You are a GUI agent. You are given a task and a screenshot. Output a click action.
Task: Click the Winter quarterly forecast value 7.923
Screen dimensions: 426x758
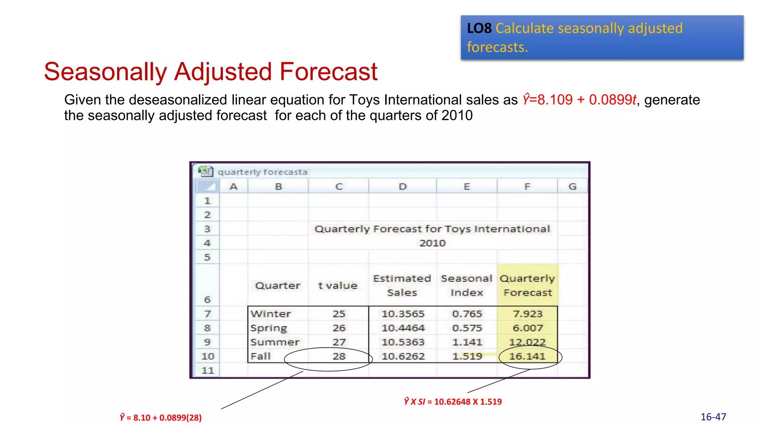pyautogui.click(x=527, y=314)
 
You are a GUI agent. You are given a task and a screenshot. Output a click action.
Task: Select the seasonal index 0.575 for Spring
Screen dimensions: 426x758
pyautogui.click(x=467, y=328)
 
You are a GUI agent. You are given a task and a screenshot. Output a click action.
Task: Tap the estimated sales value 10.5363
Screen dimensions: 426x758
pyautogui.click(x=403, y=342)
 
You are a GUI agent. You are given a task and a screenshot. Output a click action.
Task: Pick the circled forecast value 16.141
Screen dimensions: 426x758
pyautogui.click(x=527, y=356)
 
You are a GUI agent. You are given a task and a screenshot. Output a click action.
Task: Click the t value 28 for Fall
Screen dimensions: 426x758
pyautogui.click(x=339, y=356)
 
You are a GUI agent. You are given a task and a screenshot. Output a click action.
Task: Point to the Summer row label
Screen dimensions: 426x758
pyautogui.click(x=275, y=342)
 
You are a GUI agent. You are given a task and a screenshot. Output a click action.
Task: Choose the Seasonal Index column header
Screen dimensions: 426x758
pyautogui.click(x=467, y=285)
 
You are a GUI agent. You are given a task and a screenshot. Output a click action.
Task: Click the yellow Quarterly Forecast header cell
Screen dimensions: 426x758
pyautogui.click(x=527, y=285)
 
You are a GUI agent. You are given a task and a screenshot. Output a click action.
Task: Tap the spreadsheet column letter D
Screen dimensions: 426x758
pyautogui.click(x=403, y=187)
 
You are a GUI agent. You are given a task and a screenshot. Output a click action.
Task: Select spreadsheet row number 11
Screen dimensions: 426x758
pyautogui.click(x=208, y=371)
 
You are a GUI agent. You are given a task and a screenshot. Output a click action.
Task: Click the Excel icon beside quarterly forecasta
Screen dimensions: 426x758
pyautogui.click(x=205, y=171)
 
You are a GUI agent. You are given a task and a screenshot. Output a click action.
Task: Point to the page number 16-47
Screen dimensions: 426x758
pyautogui.click(x=713, y=417)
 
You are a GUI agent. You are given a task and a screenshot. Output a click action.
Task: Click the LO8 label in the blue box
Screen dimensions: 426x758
pyautogui.click(x=479, y=28)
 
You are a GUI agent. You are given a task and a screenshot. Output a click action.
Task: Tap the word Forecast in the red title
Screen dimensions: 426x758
pyautogui.click(x=328, y=71)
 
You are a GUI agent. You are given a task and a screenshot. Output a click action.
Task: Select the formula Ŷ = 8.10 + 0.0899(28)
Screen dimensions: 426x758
pyautogui.click(x=161, y=417)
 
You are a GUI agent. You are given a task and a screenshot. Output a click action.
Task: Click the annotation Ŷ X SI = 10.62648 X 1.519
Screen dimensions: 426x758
pyautogui.click(x=453, y=402)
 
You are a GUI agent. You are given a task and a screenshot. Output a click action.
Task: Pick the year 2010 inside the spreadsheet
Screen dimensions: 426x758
pyautogui.click(x=432, y=243)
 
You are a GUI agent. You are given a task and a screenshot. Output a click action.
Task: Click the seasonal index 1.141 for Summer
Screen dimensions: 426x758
pyautogui.click(x=467, y=342)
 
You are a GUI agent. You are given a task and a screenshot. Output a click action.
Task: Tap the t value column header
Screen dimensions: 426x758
pyautogui.click(x=338, y=285)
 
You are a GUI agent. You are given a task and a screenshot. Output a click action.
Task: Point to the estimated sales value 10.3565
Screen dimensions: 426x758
pyautogui.click(x=403, y=314)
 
